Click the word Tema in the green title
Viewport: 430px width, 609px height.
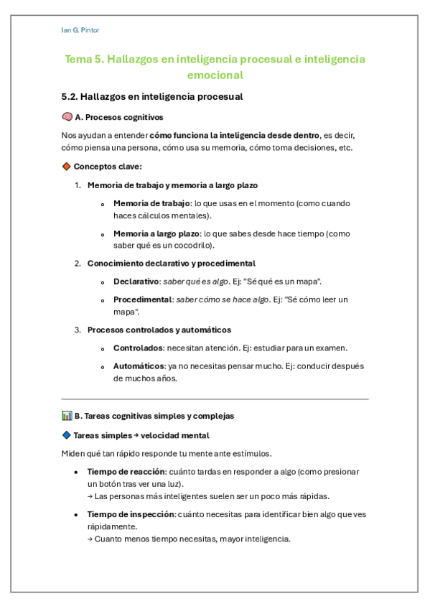(x=79, y=60)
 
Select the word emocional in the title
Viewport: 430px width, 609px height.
(x=215, y=75)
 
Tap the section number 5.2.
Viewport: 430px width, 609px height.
(x=70, y=96)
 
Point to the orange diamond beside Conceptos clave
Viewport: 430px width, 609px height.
(x=67, y=167)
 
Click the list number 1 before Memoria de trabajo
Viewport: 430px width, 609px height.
(x=78, y=185)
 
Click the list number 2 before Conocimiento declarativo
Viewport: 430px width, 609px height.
(x=78, y=264)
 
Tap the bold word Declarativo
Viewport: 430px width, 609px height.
(x=136, y=282)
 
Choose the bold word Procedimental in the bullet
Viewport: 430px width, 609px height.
(x=142, y=299)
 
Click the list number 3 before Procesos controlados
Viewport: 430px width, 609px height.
(x=78, y=330)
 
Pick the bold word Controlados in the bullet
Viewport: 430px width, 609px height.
(x=138, y=348)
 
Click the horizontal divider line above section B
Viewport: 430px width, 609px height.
(x=215, y=399)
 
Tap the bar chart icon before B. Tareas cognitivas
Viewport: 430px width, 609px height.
(x=67, y=416)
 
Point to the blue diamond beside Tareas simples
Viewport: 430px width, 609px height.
(x=67, y=435)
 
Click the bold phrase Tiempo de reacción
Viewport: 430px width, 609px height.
(x=126, y=472)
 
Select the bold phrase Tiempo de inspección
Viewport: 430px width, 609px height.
(x=131, y=514)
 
